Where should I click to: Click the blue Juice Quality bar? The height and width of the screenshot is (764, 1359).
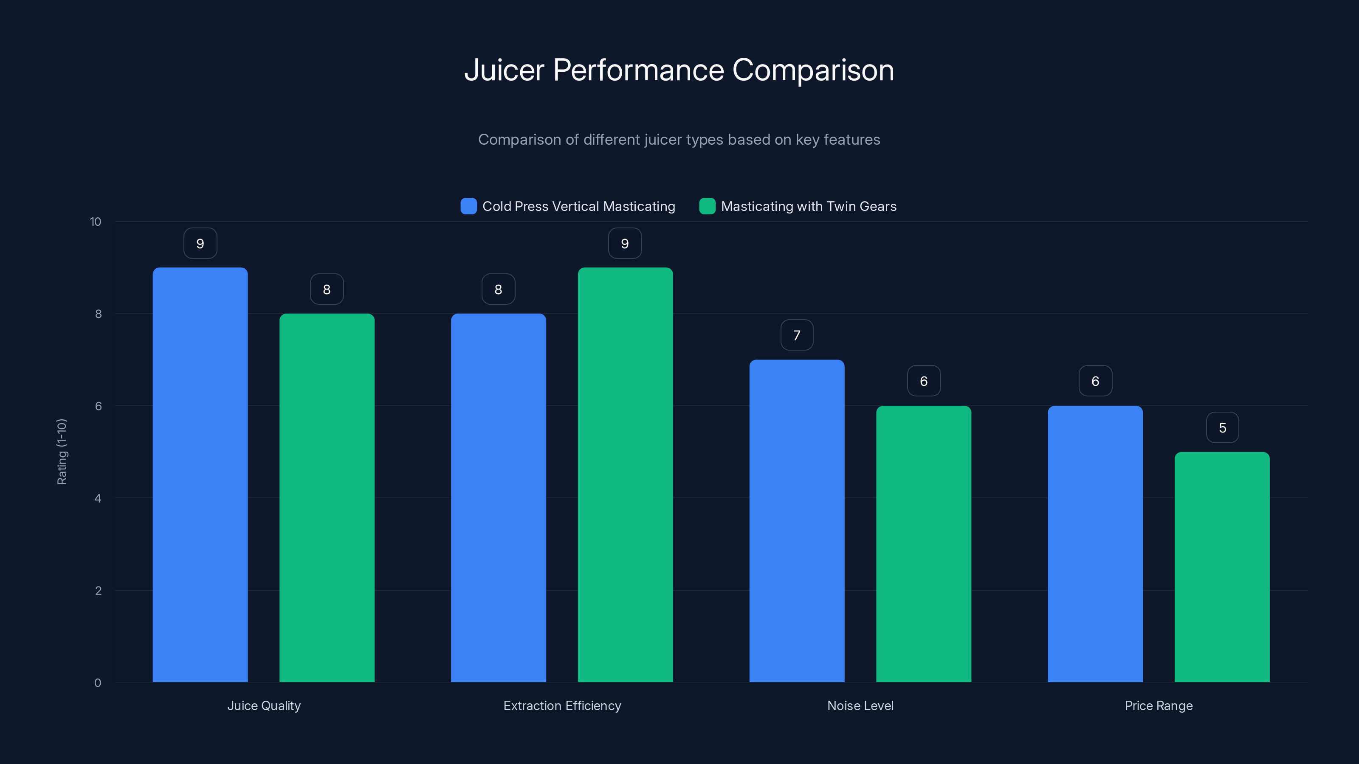click(200, 475)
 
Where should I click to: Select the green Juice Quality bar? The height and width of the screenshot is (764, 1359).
click(327, 498)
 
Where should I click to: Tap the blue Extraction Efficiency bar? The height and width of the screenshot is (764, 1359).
click(498, 498)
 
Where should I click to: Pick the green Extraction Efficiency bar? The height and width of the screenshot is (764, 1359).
click(625, 475)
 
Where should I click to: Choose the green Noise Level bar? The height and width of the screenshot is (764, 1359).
click(923, 544)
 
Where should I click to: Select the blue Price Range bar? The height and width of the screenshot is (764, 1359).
click(1095, 544)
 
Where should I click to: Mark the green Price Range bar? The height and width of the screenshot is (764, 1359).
click(1222, 567)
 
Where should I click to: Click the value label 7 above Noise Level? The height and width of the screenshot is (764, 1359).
click(797, 335)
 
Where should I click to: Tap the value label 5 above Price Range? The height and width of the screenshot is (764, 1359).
click(1222, 427)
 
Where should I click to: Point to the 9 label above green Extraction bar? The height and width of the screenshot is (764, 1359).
click(625, 244)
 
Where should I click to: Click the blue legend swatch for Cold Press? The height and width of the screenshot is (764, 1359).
click(468, 206)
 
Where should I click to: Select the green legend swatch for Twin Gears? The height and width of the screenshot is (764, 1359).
click(707, 206)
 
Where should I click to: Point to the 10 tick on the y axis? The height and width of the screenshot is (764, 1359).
click(96, 222)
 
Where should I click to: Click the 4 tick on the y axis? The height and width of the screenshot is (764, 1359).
click(98, 498)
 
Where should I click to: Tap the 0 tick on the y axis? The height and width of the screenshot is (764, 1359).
click(98, 683)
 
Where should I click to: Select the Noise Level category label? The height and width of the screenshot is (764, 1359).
click(860, 705)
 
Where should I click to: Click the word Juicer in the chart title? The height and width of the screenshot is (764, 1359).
click(504, 70)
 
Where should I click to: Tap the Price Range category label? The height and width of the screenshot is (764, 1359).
click(1159, 705)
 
